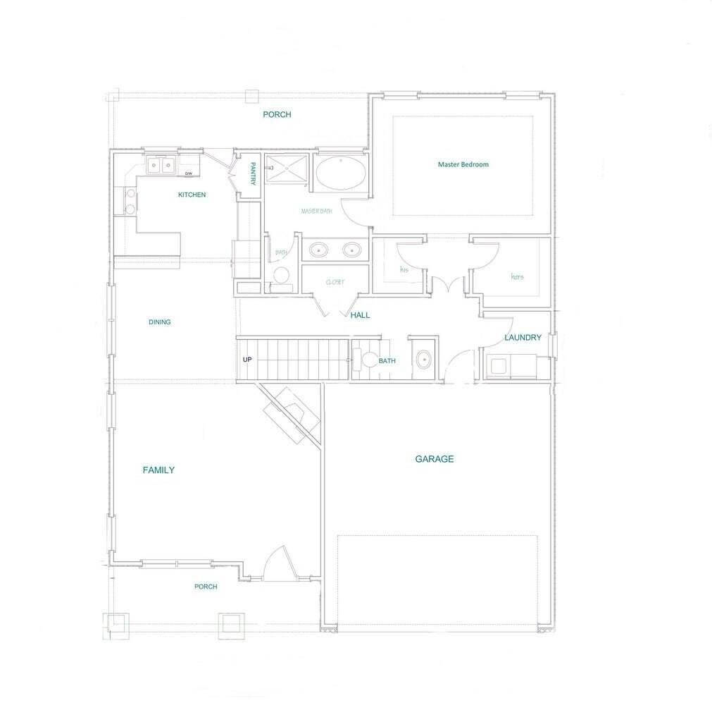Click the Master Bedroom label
tap(463, 164)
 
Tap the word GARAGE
tap(434, 459)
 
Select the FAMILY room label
tap(158, 470)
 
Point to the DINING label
tap(159, 322)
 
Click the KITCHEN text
tap(192, 195)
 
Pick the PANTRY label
tap(252, 174)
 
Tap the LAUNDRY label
tap(523, 338)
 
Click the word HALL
tap(360, 315)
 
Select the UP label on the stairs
tap(247, 360)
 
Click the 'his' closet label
tap(404, 270)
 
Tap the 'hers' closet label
tap(517, 276)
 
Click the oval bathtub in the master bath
tap(340, 173)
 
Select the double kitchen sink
tap(161, 166)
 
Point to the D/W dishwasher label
tap(188, 173)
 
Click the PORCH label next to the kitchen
tap(277, 114)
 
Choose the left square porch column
tap(116, 625)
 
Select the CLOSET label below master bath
tap(335, 282)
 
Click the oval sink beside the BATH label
tap(423, 360)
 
